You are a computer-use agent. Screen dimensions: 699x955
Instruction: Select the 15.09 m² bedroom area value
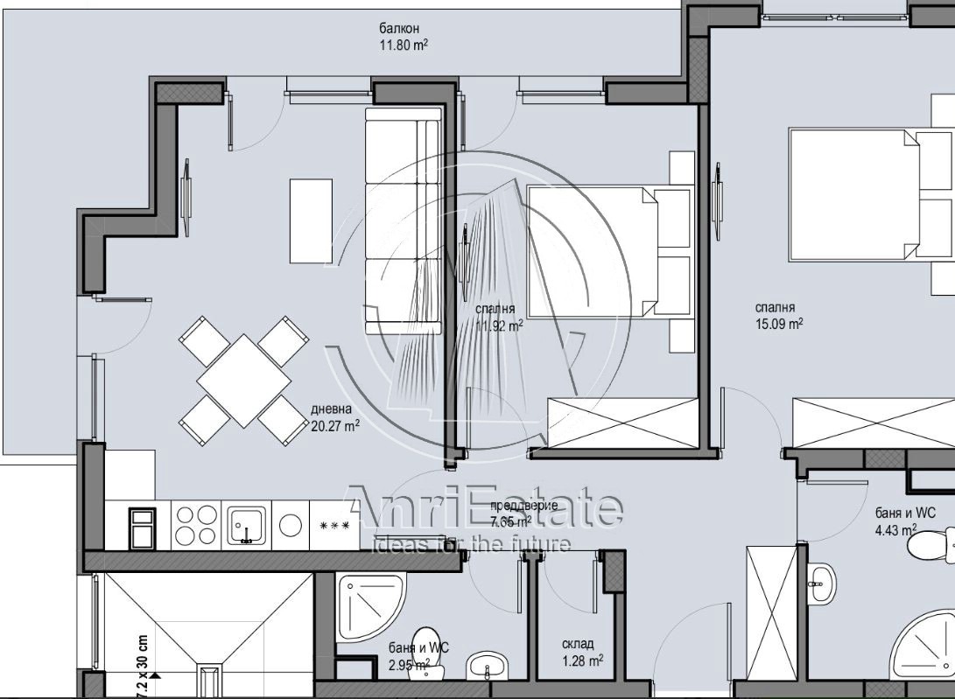778,323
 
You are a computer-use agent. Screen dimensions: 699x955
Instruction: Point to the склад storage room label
578,644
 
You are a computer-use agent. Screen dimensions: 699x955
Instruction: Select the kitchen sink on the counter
247,526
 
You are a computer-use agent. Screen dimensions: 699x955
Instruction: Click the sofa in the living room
402,220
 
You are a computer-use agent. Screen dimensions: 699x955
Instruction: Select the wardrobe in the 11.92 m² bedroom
621,423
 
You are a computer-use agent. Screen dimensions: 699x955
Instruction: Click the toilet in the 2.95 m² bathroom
426,647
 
